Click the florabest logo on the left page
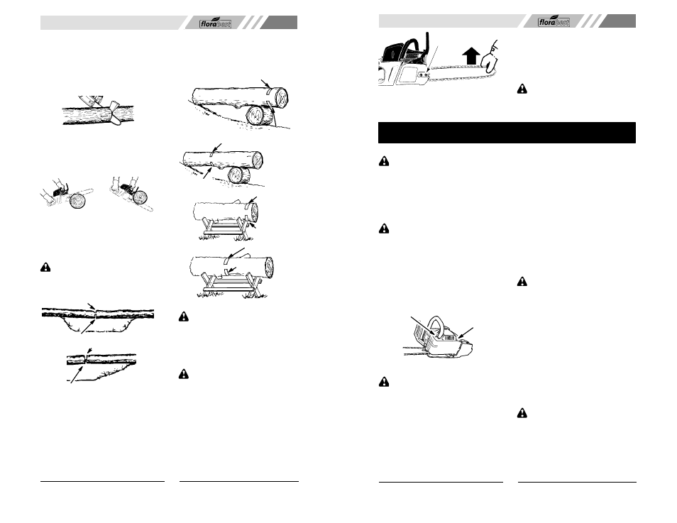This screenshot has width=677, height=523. coord(215,23)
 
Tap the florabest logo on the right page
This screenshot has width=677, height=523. coord(554,21)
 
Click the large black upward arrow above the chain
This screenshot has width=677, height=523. coord(470,57)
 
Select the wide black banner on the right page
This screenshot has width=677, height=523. coord(507,133)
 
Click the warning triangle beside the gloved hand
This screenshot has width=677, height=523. coord(522,89)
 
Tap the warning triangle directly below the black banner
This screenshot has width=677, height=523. coord(383,162)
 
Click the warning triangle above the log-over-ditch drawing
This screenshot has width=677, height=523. coord(45,268)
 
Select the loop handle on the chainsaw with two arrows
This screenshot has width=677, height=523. coord(436,325)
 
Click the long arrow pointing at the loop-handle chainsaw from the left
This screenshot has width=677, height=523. coord(423,326)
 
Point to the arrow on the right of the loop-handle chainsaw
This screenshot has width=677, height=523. coord(466,333)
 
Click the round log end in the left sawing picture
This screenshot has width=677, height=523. coord(78,202)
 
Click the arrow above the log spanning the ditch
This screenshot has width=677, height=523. coord(92,306)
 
